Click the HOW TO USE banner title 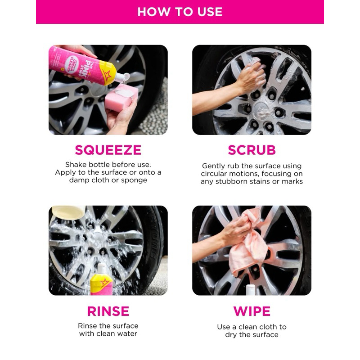pos(180,12)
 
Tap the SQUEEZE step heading pos(108,150)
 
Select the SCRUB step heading pos(252,150)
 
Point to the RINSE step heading pos(108,311)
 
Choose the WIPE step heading pos(252,311)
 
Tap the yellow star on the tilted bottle pos(107,74)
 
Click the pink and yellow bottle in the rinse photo pos(101,280)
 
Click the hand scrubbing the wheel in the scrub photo pos(252,77)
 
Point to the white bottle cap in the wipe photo pos(251,290)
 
